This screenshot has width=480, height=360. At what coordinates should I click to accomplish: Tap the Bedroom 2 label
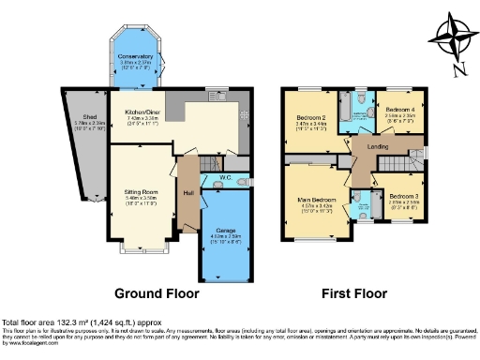click(310, 117)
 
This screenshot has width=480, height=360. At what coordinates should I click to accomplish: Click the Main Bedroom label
click(316, 201)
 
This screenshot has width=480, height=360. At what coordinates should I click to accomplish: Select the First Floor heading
click(354, 292)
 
